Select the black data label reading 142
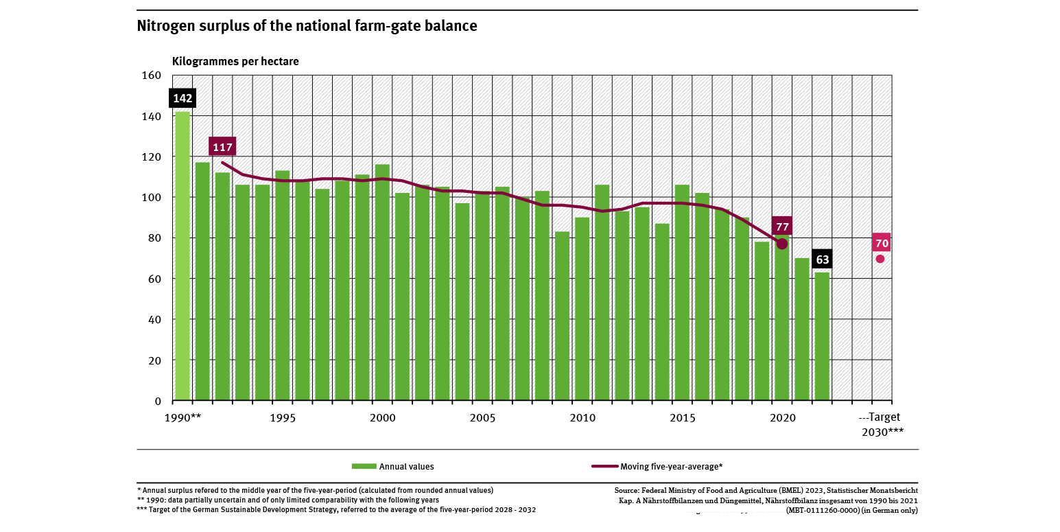182,98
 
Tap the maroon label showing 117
223,147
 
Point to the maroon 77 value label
782,226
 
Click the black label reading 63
823,259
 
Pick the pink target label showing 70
882,243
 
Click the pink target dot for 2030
880,259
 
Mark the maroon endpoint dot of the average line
782,244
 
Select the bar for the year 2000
382,282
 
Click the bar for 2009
562,316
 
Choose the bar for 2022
822,336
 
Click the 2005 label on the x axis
483,417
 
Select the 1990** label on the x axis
182,417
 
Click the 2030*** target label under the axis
882,432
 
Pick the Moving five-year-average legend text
671,467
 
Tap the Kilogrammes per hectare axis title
235,61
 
